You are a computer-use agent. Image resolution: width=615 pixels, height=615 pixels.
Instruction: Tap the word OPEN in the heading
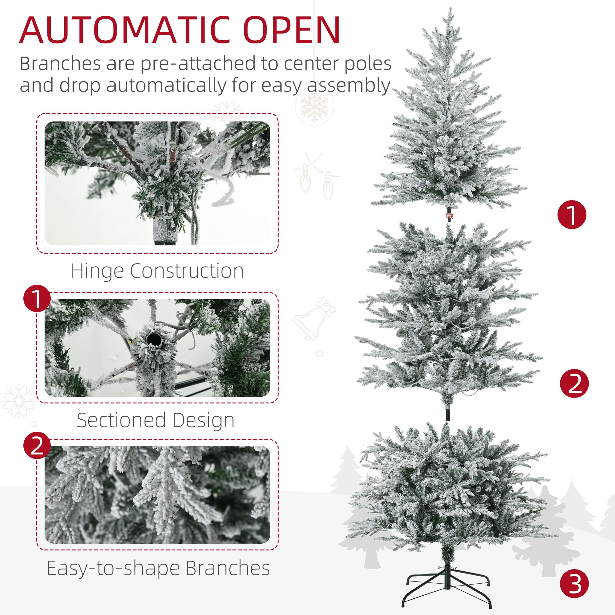[x=292, y=30]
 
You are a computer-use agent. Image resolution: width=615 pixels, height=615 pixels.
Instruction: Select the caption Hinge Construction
[x=157, y=271]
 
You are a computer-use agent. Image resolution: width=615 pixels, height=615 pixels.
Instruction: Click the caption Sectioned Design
[x=156, y=420]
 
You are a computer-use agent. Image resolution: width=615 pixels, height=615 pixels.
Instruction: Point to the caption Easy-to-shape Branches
[x=158, y=568]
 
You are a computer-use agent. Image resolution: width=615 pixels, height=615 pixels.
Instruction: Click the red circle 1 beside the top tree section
[x=572, y=215]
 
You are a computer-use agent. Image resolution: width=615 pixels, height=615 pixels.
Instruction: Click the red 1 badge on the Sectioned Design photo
[x=37, y=299]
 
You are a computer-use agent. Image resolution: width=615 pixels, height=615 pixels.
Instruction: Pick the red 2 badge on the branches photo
[x=37, y=445]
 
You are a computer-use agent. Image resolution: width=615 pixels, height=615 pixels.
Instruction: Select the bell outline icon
[x=314, y=318]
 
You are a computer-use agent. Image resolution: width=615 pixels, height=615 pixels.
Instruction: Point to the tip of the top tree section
[x=450, y=10]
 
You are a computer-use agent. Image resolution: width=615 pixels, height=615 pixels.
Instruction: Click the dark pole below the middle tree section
[x=448, y=414]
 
